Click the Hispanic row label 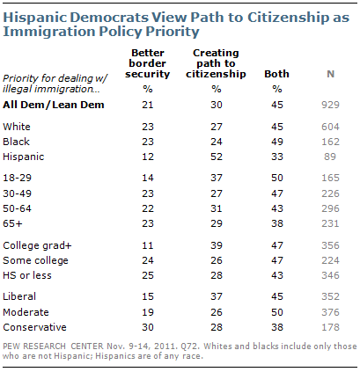(x=24, y=157)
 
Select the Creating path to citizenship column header (x=216, y=63)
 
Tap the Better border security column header (x=148, y=63)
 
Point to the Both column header (x=276, y=74)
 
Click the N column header (x=331, y=74)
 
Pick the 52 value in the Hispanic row (x=217, y=157)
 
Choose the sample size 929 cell (x=330, y=105)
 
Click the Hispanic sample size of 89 (x=330, y=157)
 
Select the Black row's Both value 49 (x=277, y=142)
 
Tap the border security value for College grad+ (x=148, y=245)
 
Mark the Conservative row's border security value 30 (x=148, y=327)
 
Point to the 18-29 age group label (x=17, y=178)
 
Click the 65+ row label (x=12, y=223)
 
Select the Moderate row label (x=26, y=312)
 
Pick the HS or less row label (x=27, y=275)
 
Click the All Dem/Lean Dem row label (x=54, y=105)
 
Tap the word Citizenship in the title (x=289, y=18)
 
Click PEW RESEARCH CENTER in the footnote (x=53, y=346)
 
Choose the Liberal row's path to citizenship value (x=217, y=296)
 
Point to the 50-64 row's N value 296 (x=330, y=208)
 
